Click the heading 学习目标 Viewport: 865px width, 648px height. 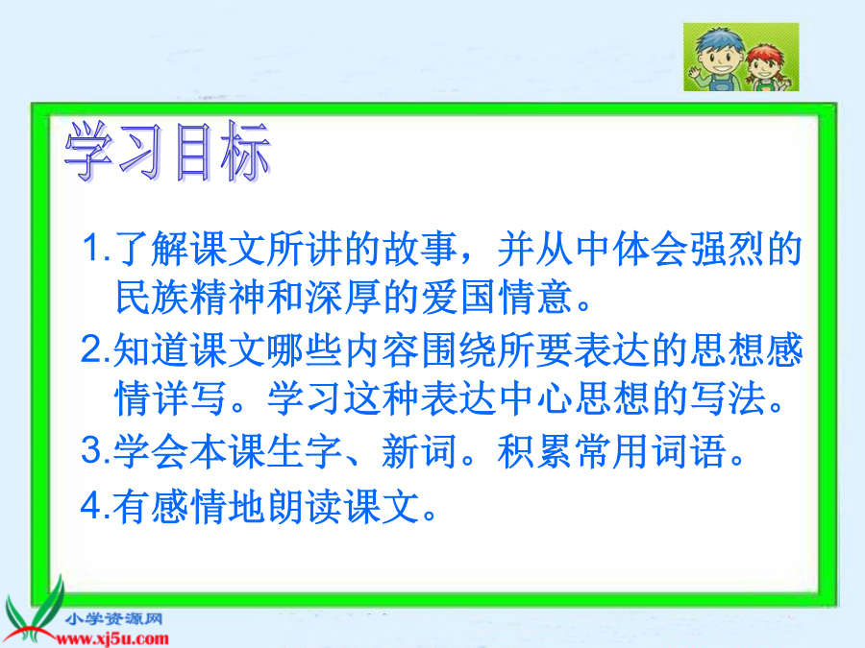pyautogui.click(x=167, y=151)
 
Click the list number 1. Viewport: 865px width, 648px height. pyautogui.click(x=91, y=248)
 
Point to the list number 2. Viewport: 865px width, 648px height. pyautogui.click(x=91, y=349)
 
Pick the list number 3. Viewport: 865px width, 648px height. pyautogui.click(x=91, y=450)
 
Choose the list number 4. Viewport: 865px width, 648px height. pyautogui.click(x=91, y=506)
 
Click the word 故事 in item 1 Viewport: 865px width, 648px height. pyautogui.click(x=420, y=249)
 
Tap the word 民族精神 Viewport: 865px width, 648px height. pyautogui.click(x=191, y=297)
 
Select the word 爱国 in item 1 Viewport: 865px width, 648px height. pyautogui.click(x=459, y=297)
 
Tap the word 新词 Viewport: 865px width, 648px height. pyautogui.click(x=419, y=451)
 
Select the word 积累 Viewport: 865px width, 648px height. pyautogui.click(x=535, y=451)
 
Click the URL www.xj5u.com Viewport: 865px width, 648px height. pyautogui.click(x=112, y=639)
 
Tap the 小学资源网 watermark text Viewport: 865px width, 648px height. pyautogui.click(x=113, y=619)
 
